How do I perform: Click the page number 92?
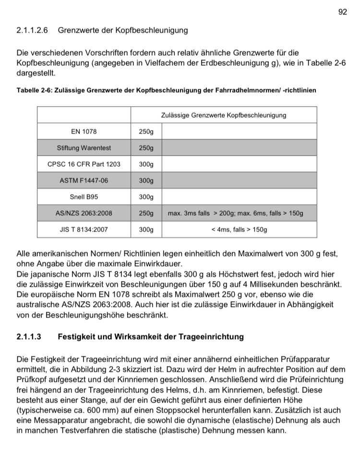[342, 12]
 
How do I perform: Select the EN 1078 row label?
[84, 132]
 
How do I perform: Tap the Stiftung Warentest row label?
[84, 148]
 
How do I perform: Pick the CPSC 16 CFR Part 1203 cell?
[84, 164]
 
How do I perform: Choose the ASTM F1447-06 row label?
[84, 181]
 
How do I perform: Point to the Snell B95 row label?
[84, 197]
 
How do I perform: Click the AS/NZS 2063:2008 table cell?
[84, 213]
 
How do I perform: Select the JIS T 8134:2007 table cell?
[84, 230]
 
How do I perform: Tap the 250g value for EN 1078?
[146, 132]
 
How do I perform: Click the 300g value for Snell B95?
[146, 197]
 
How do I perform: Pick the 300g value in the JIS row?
[146, 230]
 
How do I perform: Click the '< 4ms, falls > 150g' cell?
[239, 230]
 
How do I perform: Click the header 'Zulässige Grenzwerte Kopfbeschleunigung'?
[223, 115]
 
